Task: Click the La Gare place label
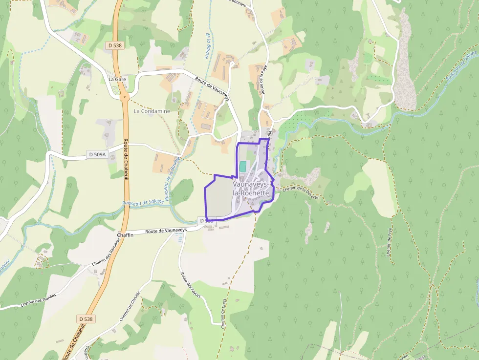[x=117, y=79]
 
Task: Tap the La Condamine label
[x=152, y=111]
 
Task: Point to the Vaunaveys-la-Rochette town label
[x=251, y=189]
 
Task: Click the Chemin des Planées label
[x=39, y=300]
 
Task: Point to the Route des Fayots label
[x=191, y=284]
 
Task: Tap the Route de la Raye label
[x=264, y=81]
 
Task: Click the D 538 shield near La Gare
[x=115, y=45]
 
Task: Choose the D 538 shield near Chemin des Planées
[x=86, y=319]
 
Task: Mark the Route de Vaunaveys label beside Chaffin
[x=166, y=231]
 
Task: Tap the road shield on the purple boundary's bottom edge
[x=207, y=221]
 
